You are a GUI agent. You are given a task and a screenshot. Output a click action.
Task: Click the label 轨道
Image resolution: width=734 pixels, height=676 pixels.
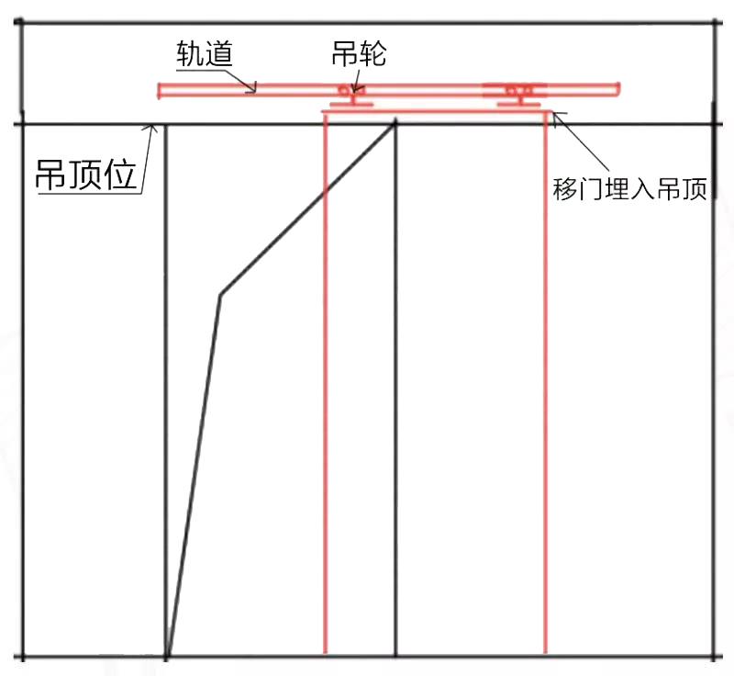(x=204, y=53)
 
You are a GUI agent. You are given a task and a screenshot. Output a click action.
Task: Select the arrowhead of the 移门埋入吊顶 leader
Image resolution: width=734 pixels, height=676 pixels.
(x=553, y=115)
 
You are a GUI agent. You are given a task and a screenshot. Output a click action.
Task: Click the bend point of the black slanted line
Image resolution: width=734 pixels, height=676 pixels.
(x=220, y=295)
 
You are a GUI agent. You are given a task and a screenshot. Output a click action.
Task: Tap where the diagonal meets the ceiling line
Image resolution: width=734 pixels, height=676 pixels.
(x=395, y=123)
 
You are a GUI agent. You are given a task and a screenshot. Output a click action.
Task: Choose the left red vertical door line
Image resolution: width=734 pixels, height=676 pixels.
(x=326, y=386)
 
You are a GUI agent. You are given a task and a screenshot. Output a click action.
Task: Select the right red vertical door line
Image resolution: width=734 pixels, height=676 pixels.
(x=546, y=386)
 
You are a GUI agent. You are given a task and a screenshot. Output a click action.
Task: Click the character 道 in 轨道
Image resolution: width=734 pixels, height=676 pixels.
(x=218, y=53)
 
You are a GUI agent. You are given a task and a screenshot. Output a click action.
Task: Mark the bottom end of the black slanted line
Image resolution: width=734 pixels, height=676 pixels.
(x=169, y=656)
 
